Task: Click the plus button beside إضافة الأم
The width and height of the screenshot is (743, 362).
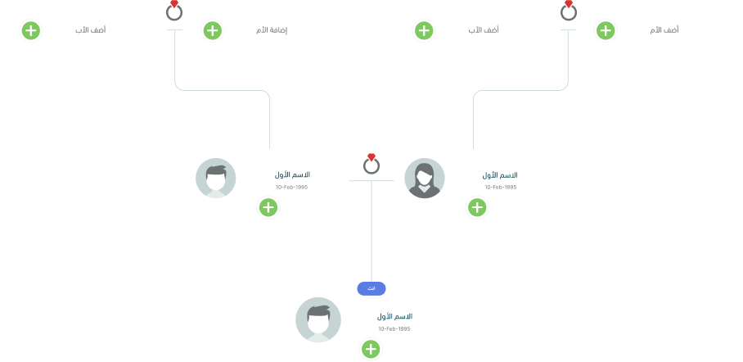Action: point(212,31)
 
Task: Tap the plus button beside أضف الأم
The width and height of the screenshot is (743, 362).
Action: point(605,31)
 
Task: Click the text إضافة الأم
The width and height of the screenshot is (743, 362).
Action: point(273,31)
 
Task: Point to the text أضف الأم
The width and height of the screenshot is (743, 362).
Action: point(664,31)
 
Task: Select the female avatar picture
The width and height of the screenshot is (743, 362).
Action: point(425,179)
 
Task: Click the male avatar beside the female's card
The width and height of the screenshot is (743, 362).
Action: point(216,179)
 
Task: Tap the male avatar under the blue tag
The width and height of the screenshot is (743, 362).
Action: point(318,319)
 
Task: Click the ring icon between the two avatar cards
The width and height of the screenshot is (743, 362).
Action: point(371,165)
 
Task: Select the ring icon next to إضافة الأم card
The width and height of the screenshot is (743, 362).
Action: point(174,11)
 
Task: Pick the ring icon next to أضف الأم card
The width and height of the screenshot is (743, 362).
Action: point(569,11)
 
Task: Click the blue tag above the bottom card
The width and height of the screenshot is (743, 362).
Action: point(371,288)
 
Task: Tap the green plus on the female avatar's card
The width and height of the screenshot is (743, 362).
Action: point(477,208)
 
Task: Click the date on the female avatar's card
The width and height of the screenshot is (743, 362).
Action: point(501,188)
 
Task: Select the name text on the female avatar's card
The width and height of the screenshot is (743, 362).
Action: point(500,175)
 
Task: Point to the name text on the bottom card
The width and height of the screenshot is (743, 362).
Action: point(395,316)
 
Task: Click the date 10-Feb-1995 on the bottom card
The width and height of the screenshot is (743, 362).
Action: point(394,329)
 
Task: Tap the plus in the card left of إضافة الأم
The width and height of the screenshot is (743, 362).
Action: point(30,31)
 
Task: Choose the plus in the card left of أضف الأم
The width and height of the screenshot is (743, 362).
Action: point(423,31)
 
